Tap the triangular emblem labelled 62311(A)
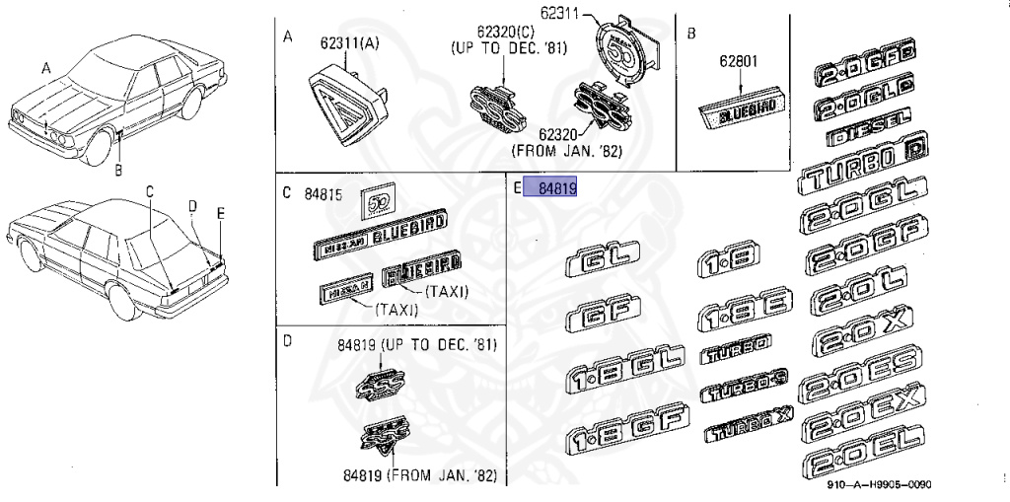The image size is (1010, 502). pyautogui.click(x=342, y=104)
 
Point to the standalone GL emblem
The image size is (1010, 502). pyautogui.click(x=603, y=262)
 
